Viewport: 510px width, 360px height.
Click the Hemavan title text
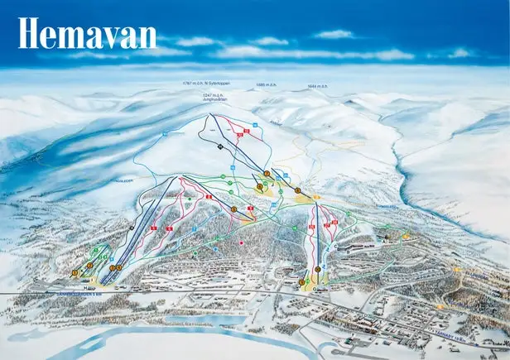(87, 34)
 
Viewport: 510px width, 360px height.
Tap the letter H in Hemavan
(30, 34)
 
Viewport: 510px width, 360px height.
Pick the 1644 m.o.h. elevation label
(317, 84)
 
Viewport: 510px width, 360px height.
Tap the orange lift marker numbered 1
(75, 272)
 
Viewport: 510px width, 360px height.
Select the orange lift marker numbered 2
(89, 266)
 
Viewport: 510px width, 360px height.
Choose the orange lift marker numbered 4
(118, 267)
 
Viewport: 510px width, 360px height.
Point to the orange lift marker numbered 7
(319, 269)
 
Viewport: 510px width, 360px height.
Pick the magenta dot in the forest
(241, 242)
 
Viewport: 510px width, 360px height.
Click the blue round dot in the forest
(216, 247)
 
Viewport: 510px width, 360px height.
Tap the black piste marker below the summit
(220, 146)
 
